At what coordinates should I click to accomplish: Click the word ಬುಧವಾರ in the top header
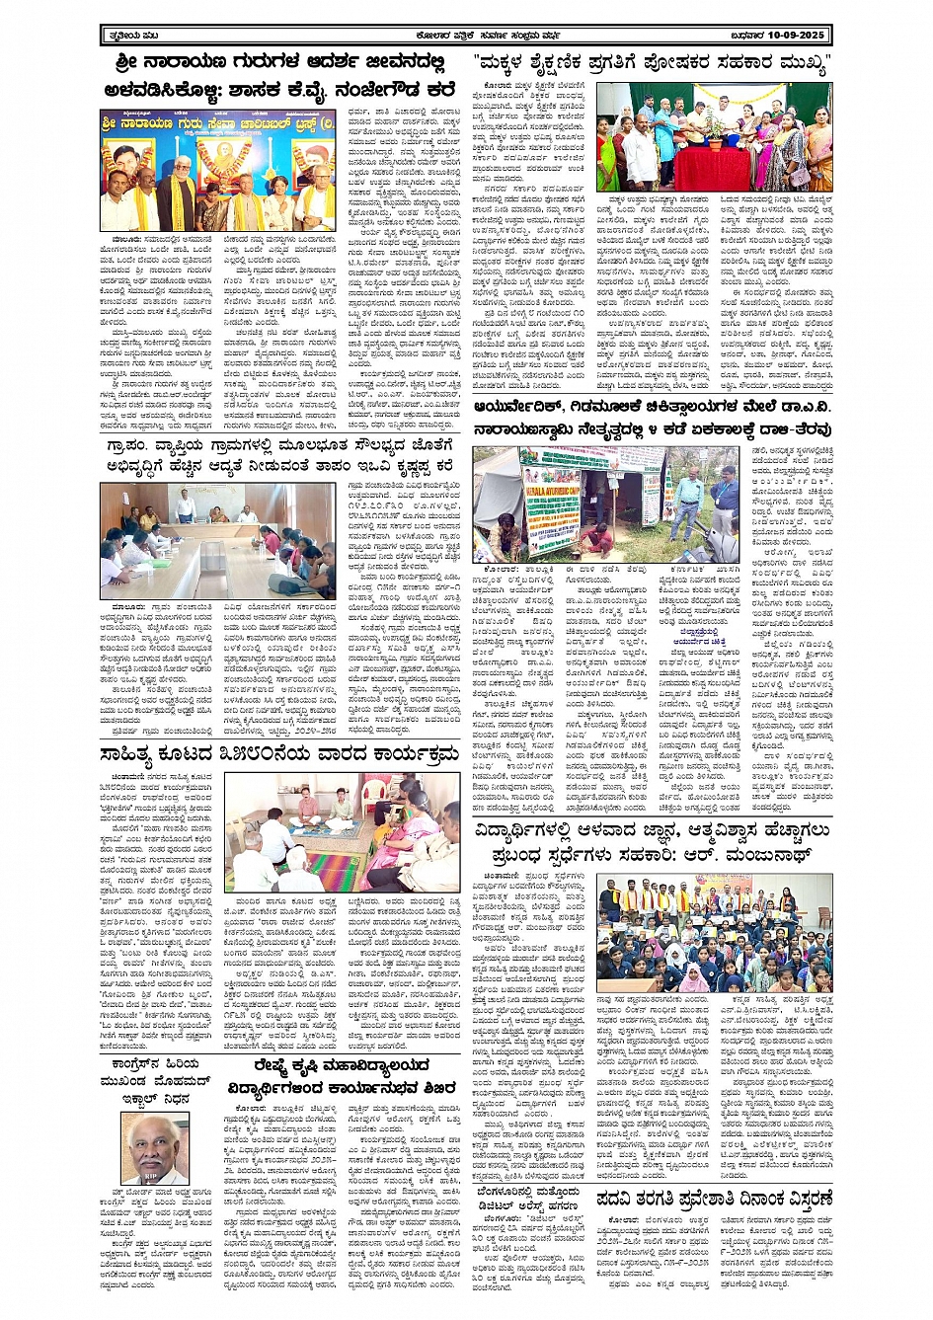point(752,36)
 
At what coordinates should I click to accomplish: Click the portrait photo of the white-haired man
point(156,1147)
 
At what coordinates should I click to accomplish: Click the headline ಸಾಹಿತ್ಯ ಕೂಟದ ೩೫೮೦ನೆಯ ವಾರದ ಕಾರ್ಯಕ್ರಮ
point(278,755)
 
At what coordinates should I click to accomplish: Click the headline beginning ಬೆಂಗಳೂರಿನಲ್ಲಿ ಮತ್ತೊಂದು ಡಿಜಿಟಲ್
point(536,1206)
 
